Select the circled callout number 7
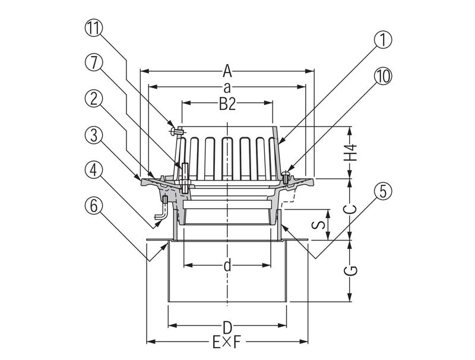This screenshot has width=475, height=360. click(x=94, y=64)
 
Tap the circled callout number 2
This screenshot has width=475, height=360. click(x=94, y=99)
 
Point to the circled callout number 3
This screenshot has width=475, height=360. click(x=94, y=135)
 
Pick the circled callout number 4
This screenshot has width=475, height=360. click(x=94, y=170)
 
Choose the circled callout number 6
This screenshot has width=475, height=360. click(x=94, y=206)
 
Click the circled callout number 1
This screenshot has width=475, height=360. click(x=382, y=40)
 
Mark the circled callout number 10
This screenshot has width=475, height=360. click(x=382, y=76)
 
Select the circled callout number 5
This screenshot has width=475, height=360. click(x=382, y=191)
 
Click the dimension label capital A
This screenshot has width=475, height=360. click(x=227, y=71)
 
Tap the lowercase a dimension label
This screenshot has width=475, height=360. click(x=227, y=87)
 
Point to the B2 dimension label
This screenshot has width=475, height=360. click(x=227, y=104)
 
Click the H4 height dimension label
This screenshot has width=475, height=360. click(x=351, y=153)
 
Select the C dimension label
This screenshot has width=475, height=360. click(x=351, y=209)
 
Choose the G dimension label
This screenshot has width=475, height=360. click(x=351, y=270)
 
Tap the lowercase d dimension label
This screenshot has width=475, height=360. click(x=227, y=265)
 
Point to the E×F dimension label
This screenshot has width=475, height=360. click(x=227, y=342)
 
